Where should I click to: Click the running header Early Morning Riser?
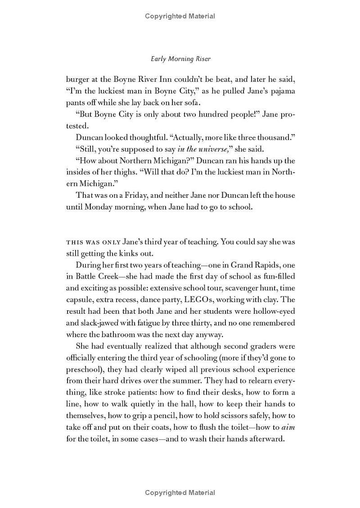(x=180, y=59)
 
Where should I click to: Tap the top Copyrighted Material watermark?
(x=180, y=16)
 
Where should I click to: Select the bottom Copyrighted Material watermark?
(x=180, y=493)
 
